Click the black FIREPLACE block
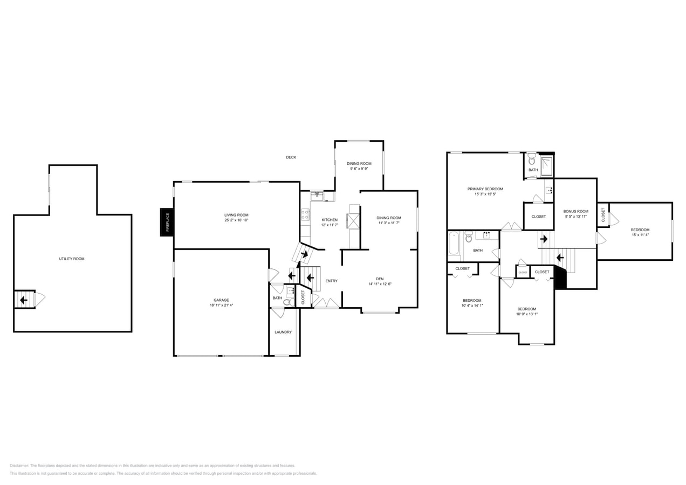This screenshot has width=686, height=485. [167, 222]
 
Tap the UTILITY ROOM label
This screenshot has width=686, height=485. [72, 259]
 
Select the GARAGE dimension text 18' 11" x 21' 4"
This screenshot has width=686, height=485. [221, 306]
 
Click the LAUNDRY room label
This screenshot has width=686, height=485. [283, 332]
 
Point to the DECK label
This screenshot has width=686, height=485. [291, 157]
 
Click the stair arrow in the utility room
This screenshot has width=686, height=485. [24, 300]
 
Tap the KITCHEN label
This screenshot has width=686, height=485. [330, 220]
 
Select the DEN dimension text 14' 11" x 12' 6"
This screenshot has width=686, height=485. [380, 284]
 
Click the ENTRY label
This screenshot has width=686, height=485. [331, 281]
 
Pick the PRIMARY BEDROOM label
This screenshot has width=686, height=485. [485, 189]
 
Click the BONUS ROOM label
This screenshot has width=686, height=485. [575, 211]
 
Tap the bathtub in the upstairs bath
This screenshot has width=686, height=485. [454, 243]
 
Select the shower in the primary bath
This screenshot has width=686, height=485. [547, 167]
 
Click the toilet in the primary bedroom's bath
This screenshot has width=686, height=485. [532, 160]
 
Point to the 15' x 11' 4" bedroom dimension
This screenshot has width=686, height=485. [640, 235]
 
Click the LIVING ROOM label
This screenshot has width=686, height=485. [236, 215]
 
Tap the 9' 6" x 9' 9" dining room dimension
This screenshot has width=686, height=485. [359, 169]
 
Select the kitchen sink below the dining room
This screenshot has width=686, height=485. [317, 196]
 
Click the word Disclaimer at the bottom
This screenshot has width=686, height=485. [19, 466]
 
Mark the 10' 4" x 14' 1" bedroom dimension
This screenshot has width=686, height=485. [472, 306]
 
